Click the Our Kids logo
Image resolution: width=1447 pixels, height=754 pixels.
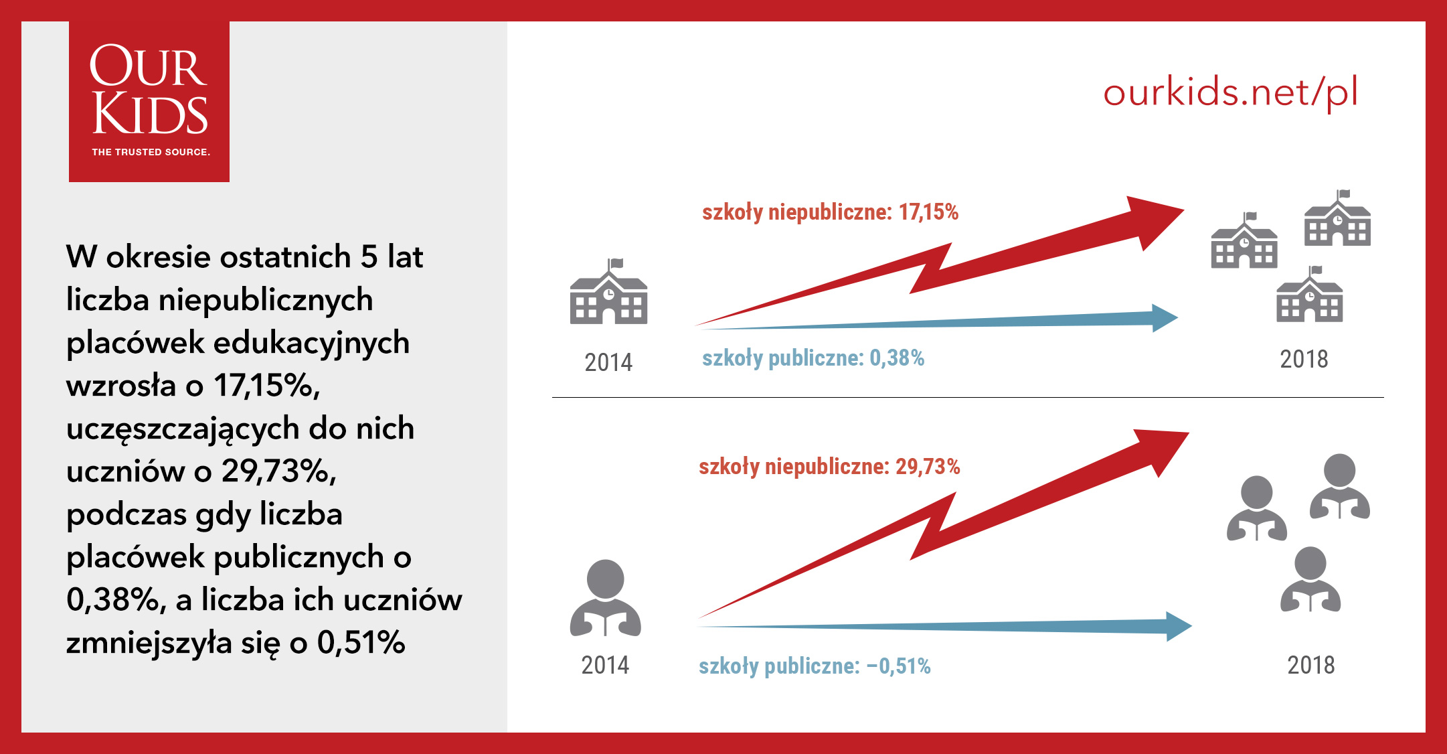coord(149,102)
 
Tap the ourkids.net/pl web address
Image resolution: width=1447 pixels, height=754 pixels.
coord(1230,92)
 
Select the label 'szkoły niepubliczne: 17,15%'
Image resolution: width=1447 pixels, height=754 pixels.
coord(830,212)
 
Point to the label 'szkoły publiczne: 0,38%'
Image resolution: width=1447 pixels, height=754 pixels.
coord(813,358)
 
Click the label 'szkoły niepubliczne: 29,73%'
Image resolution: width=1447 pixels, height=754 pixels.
coord(829,466)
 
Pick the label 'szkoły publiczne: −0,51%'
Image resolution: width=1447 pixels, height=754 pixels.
coord(815,666)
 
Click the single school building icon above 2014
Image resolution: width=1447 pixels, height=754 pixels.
coord(608,291)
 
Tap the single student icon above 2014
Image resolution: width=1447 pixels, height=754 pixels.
coord(605,598)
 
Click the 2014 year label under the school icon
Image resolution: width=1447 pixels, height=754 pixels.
coord(608,362)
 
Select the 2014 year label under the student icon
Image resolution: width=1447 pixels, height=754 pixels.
coord(605,665)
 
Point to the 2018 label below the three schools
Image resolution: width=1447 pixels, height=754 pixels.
coord(1304,359)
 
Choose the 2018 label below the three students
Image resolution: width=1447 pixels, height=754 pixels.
coord(1311,665)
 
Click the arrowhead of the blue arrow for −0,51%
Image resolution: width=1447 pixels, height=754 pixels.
coord(1179,627)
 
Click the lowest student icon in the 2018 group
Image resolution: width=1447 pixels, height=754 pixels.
coord(1310,579)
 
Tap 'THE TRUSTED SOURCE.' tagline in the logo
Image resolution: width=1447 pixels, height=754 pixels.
coord(151,152)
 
